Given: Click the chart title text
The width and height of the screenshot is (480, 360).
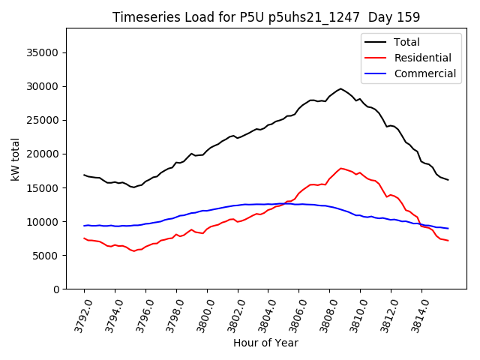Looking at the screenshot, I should coord(266,16).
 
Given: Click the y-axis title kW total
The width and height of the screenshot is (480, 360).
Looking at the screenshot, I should coord(15,159).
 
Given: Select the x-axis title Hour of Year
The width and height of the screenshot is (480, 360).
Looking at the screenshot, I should coord(265,343).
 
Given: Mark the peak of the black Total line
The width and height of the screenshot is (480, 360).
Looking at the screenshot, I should coord(340,88).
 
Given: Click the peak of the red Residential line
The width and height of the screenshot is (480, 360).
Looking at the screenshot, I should coord(341,168).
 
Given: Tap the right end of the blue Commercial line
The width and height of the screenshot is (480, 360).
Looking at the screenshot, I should coord(448,228).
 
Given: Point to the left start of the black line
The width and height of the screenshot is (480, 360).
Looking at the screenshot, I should coord(84,175).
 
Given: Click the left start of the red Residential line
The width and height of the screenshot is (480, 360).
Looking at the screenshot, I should coord(84,238).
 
